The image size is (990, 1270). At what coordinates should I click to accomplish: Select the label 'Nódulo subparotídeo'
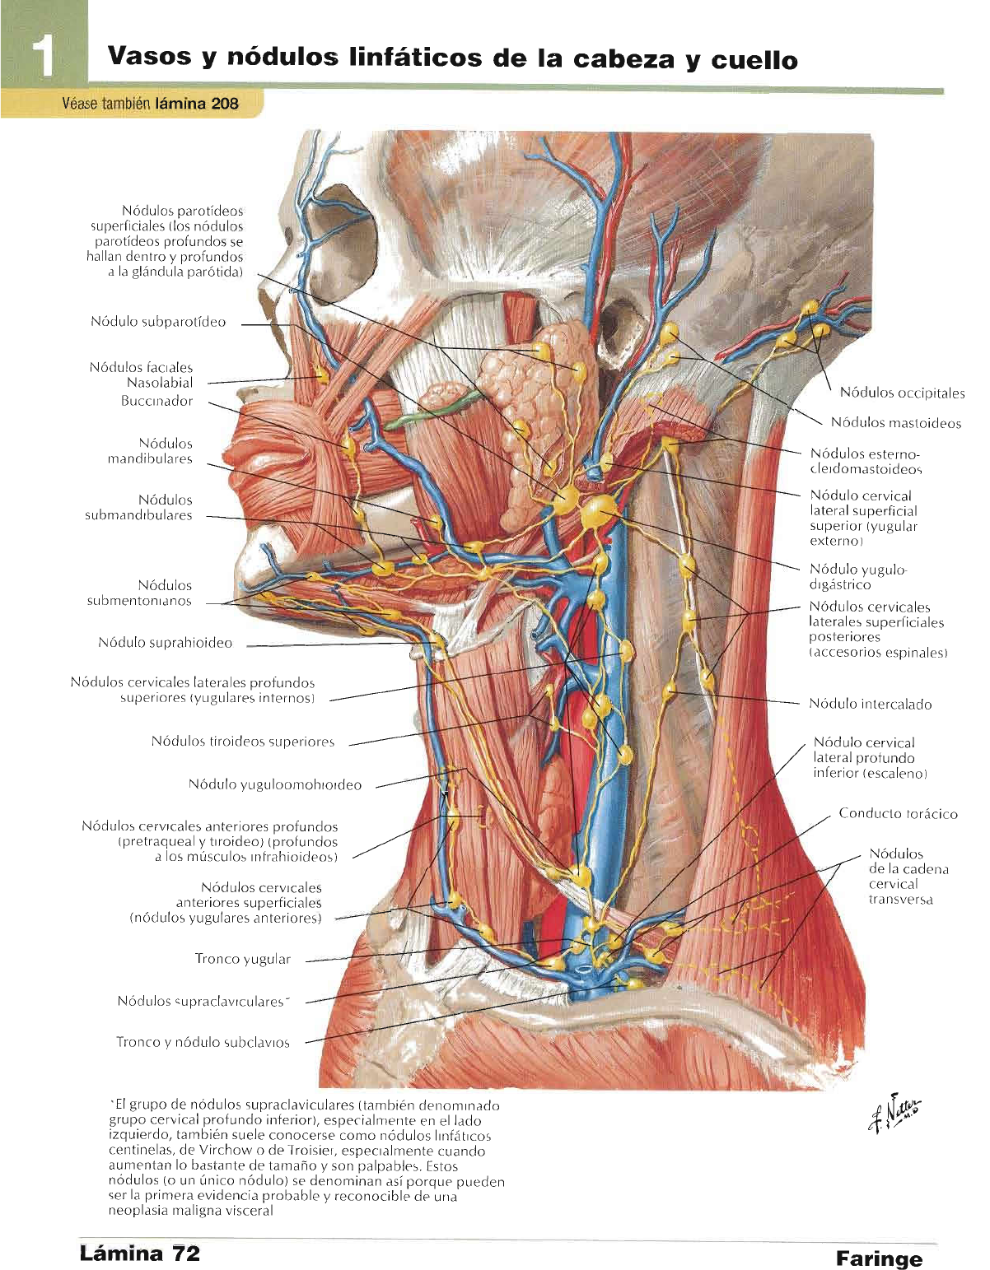(x=158, y=322)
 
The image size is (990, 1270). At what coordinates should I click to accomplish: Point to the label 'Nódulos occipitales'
(x=902, y=393)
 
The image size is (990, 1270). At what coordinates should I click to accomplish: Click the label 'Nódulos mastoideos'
(x=895, y=423)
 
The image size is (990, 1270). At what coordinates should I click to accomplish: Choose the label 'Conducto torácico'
(x=898, y=813)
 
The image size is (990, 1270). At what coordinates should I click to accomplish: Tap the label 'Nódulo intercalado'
(x=870, y=704)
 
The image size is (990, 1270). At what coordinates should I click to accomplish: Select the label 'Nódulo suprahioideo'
(x=165, y=643)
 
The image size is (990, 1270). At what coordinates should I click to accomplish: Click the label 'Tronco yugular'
(x=242, y=958)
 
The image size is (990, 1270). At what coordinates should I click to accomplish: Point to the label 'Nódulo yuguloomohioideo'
(x=274, y=784)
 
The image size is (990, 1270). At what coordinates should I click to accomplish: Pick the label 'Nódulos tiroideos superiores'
(x=243, y=742)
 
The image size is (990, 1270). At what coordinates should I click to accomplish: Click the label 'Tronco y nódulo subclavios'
(x=203, y=1042)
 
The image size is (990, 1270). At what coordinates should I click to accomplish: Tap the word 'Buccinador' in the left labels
(x=156, y=401)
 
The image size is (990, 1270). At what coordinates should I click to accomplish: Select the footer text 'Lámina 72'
(x=140, y=1254)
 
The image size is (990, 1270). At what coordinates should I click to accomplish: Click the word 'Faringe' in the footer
(x=878, y=1258)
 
